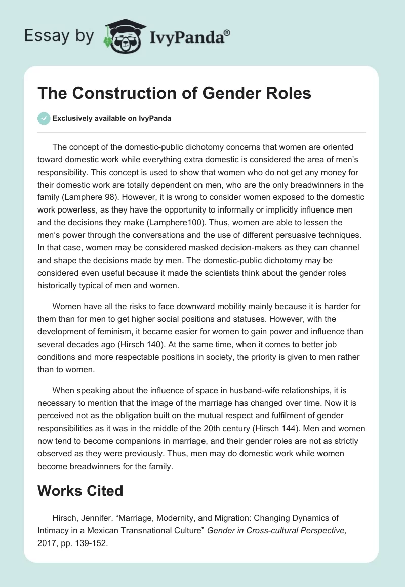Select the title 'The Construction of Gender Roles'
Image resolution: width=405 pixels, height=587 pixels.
174,94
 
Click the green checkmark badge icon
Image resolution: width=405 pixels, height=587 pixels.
43,118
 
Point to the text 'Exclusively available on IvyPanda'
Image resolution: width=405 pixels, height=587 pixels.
112,118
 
